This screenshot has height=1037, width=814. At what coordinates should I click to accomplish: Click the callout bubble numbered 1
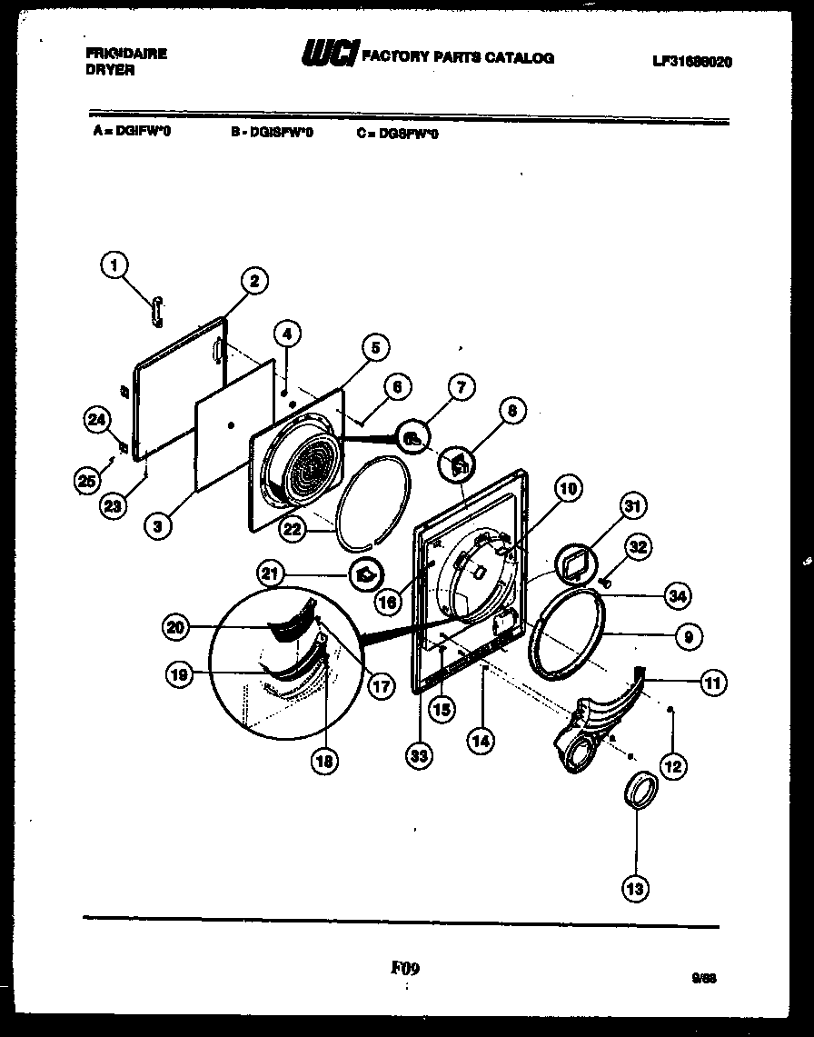[114, 265]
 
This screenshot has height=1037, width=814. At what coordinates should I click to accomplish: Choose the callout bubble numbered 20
[177, 626]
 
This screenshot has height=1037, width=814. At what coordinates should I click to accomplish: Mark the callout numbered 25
[86, 479]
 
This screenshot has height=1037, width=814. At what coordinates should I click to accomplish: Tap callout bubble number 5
[374, 346]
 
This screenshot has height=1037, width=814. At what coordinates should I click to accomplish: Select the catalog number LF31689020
[692, 62]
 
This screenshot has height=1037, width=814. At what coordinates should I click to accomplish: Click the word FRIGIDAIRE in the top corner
[125, 54]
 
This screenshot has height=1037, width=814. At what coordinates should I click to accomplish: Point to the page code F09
[405, 968]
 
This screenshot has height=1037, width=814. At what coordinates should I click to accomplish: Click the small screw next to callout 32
[602, 579]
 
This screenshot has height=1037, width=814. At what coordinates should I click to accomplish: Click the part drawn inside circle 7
[412, 439]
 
